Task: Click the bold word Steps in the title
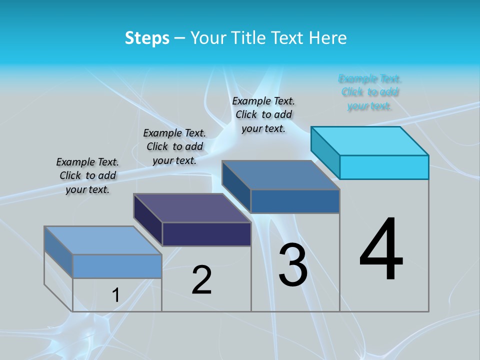[147, 38]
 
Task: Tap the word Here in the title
[328, 38]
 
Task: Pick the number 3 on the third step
[293, 265]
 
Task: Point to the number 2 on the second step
[202, 280]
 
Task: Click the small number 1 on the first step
[116, 295]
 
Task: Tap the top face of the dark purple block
[192, 207]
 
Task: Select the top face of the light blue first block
[103, 240]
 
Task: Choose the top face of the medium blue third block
[281, 175]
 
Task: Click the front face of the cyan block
[384, 167]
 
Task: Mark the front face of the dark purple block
[206, 234]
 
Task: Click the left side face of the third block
[236, 186]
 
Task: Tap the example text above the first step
[87, 175]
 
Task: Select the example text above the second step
[174, 146]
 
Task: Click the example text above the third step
[263, 114]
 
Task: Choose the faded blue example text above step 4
[369, 92]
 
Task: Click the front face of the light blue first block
[117, 266]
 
